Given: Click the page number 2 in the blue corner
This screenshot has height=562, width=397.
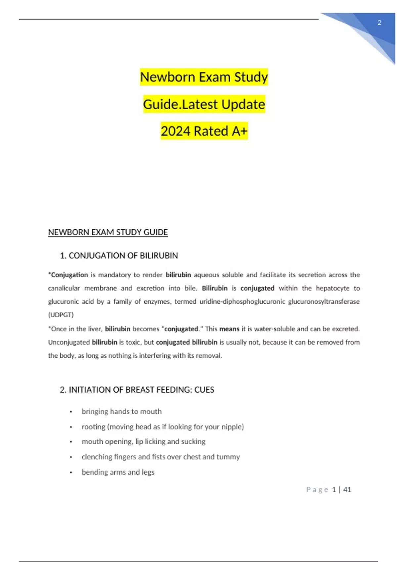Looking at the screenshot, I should point(379,23).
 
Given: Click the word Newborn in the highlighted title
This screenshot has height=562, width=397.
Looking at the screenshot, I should point(167,77).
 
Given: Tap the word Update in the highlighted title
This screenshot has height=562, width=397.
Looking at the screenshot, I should point(243,104).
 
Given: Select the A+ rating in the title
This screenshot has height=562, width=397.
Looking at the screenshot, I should point(240,131).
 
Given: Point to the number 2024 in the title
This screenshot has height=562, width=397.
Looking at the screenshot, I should point(176,131).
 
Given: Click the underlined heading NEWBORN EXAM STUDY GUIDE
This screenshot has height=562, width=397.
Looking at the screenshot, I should point(108,232).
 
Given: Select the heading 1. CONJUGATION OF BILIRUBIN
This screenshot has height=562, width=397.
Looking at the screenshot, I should point(119,256).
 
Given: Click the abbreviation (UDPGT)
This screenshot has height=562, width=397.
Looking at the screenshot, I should point(61,315).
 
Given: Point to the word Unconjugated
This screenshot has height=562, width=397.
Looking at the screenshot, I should point(69,342).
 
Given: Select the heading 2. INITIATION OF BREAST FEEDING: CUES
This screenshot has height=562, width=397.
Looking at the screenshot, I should point(137,390).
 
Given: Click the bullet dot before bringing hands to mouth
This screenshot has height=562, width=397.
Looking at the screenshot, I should point(71,412).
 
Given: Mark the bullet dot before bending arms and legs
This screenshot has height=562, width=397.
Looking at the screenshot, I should point(71,472).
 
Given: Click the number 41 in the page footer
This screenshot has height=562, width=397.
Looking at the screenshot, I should point(347,490).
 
